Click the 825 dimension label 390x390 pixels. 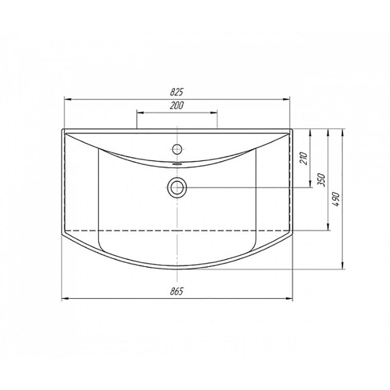point(176,92)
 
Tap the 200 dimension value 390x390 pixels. point(176,105)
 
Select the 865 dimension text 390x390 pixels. point(176,291)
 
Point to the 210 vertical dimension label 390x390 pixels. point(304,158)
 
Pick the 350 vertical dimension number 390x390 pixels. point(321,179)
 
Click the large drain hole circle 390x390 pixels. point(177,187)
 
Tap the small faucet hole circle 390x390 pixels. point(177,149)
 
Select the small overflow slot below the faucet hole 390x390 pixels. point(177,164)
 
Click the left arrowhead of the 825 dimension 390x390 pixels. point(68,99)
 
